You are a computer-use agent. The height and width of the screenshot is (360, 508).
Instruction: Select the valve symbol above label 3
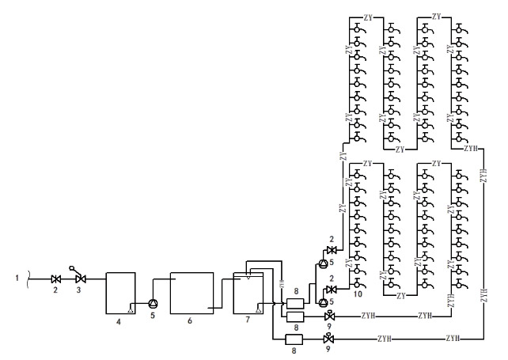tap(79, 279)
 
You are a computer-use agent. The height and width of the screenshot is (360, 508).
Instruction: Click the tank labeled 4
tap(120, 293)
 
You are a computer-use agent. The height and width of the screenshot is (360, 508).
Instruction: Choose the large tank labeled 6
tap(191, 294)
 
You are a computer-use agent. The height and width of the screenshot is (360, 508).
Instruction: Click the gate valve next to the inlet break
tap(55, 279)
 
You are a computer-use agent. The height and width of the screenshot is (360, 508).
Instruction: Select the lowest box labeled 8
tap(294, 340)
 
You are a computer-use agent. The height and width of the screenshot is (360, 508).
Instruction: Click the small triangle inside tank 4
tap(131, 305)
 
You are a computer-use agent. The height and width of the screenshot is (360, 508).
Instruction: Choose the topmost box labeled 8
tap(294, 303)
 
